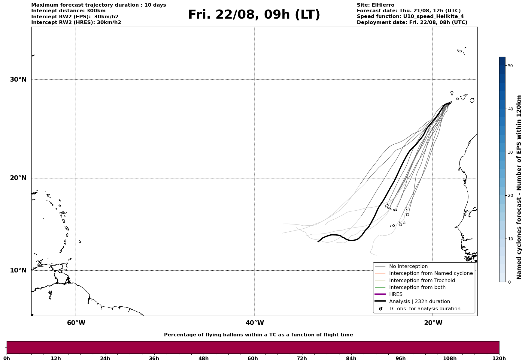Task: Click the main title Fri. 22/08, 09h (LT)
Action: click(x=254, y=15)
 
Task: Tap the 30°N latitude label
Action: click(x=18, y=80)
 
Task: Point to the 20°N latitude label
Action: click(x=18, y=178)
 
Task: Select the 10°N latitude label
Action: click(x=18, y=270)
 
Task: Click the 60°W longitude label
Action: click(x=76, y=323)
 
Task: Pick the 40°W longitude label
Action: click(x=255, y=323)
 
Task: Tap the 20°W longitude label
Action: click(x=433, y=323)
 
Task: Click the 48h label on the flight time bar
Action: click(x=203, y=359)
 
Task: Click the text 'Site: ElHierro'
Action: click(x=375, y=5)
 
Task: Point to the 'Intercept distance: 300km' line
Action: click(x=68, y=11)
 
